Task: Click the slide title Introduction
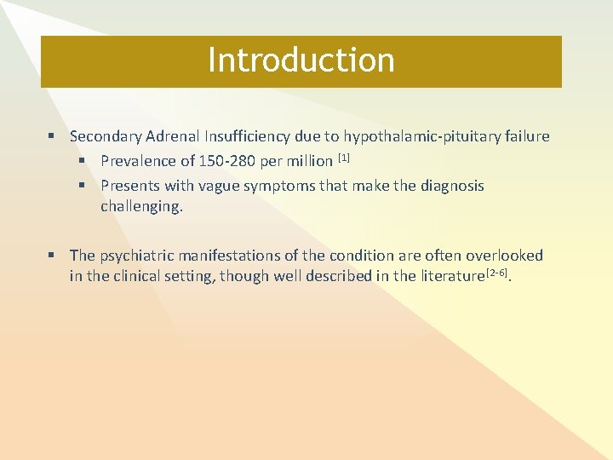[301, 60]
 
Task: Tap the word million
[306, 161]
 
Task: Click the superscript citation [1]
[344, 158]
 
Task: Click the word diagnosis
[452, 186]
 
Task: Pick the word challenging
[141, 206]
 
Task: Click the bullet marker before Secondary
[52, 136]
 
